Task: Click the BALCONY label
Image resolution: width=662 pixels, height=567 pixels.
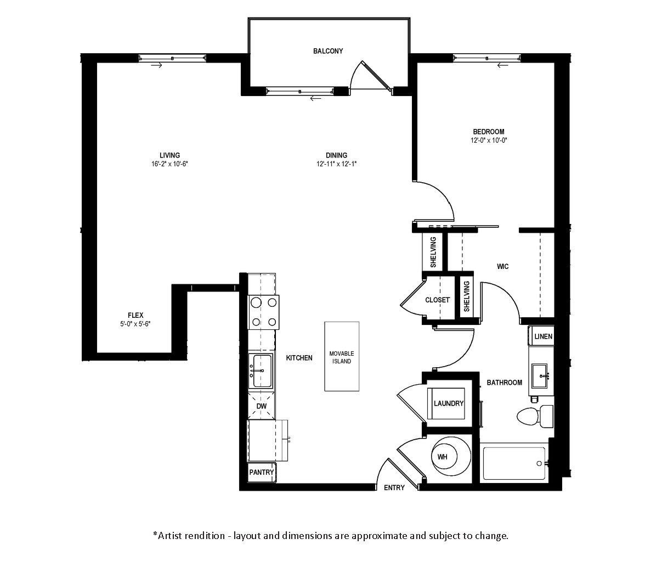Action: pos(328,51)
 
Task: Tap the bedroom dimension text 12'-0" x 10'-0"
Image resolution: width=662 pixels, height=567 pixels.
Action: pos(489,140)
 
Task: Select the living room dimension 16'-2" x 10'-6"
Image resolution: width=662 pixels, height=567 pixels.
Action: pos(169,164)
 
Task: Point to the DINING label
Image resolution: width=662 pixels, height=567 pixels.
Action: pos(337,155)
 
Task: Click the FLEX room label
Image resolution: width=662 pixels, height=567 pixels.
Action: pos(135,315)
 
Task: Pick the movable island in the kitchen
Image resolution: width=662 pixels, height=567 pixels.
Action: pos(342,356)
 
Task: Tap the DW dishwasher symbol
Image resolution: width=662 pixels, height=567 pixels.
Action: pos(262,406)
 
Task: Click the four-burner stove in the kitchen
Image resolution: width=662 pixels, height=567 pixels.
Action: pos(263,312)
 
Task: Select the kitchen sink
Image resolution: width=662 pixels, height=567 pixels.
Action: pos(262,371)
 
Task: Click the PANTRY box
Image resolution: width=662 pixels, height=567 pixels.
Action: pos(262,472)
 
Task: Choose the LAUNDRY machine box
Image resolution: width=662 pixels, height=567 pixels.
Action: pos(446,403)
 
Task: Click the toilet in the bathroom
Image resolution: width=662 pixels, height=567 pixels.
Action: pos(535,416)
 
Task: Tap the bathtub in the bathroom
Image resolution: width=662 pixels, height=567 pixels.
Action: pos(514,463)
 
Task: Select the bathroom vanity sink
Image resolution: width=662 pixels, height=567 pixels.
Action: pos(540,375)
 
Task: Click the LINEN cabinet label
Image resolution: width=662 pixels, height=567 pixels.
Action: pos(544,336)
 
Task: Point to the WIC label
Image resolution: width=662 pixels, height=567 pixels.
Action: pos(502,266)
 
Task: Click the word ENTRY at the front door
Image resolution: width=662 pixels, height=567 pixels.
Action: pos(394,487)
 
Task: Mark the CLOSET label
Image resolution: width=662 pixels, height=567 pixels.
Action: pos(438,300)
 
